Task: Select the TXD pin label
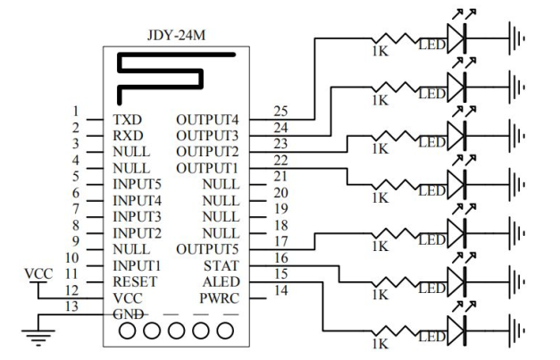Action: click(127, 118)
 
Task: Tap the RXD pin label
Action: click(128, 134)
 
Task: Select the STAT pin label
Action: click(221, 265)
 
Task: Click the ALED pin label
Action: click(221, 282)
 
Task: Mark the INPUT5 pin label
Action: click(137, 184)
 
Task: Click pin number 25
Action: click(280, 111)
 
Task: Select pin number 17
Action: click(280, 241)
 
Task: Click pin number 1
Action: click(78, 111)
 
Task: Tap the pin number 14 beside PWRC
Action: click(280, 291)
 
